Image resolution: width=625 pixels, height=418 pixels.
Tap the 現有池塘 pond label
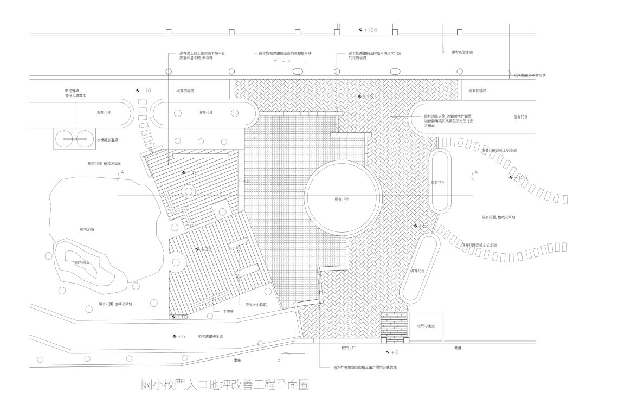[x=87, y=230]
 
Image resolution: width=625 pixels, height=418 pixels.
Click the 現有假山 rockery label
[x=82, y=262]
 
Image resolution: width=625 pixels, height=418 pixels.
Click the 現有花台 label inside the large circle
[x=342, y=200]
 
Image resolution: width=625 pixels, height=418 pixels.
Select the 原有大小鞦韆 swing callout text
[x=256, y=305]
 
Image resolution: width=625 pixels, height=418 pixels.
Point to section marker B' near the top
[x=276, y=61]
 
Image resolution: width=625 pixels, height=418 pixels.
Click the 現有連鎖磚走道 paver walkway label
[x=210, y=337]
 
